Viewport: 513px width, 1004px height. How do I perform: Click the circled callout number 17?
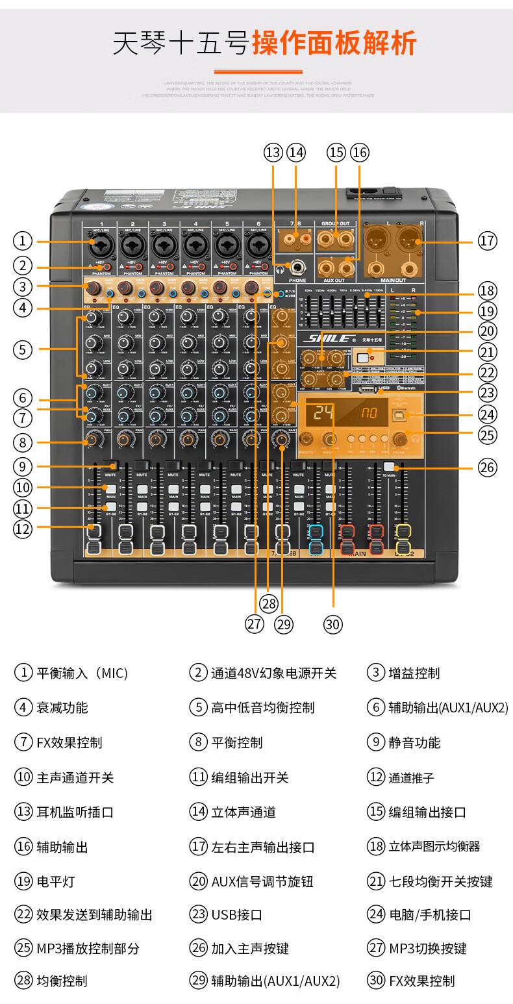(487, 241)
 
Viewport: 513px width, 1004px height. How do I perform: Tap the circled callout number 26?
(487, 466)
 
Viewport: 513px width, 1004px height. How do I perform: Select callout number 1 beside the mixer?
(23, 241)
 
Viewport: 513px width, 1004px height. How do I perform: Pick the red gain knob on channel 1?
(94, 288)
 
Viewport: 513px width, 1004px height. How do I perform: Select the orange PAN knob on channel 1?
(93, 440)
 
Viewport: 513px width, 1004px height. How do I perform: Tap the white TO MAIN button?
(389, 466)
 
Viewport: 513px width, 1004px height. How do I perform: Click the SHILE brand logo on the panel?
(330, 338)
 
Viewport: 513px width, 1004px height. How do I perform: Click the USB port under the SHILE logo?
(366, 391)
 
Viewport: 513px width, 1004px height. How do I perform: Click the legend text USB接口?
(236, 915)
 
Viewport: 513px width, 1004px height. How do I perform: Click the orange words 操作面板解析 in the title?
(334, 44)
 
